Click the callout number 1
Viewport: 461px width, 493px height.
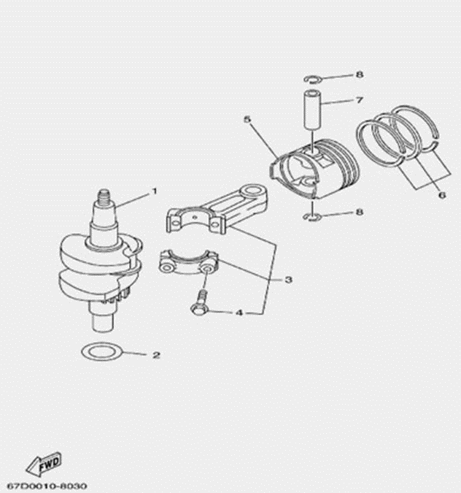click(x=154, y=191)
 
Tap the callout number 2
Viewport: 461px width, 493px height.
click(x=156, y=355)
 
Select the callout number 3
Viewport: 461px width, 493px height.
click(x=289, y=279)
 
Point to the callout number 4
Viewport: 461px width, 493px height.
click(x=239, y=313)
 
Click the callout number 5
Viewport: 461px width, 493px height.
click(x=247, y=119)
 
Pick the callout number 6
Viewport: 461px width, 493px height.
click(x=442, y=195)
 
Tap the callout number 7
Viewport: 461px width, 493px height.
click(x=360, y=99)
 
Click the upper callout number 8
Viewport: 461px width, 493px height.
click(x=360, y=74)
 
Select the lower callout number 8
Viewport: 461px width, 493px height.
click(x=360, y=212)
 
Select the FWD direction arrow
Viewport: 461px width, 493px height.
click(x=43, y=465)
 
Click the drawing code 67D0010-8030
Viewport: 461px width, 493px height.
click(x=47, y=486)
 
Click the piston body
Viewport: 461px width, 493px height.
click(x=314, y=169)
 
